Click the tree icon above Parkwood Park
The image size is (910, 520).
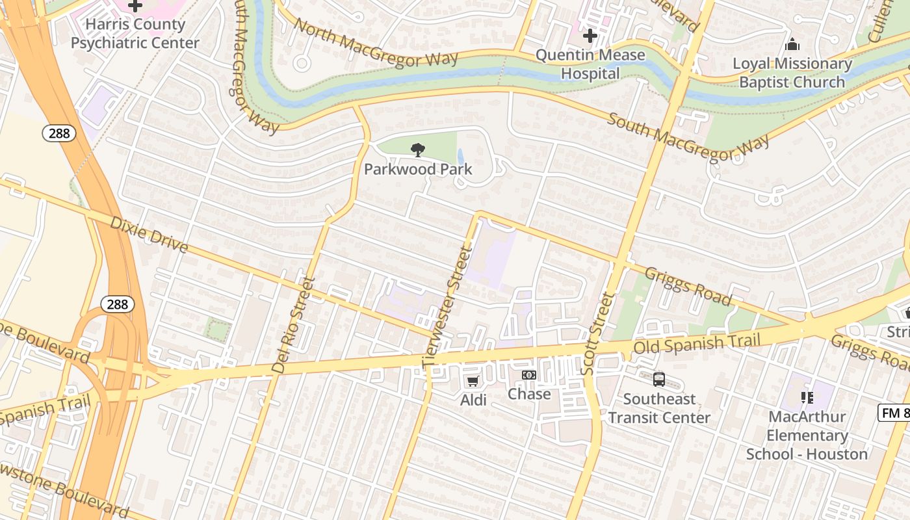click(418, 150)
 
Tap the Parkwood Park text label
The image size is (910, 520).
click(418, 170)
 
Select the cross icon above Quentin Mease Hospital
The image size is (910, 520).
click(590, 35)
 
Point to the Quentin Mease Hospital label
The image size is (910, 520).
click(590, 64)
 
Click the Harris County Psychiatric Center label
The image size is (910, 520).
click(135, 34)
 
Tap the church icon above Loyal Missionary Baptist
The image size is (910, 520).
click(792, 45)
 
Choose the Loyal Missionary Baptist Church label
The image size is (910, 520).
click(792, 73)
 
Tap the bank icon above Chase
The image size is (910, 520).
click(529, 375)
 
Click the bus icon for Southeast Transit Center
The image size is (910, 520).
click(659, 379)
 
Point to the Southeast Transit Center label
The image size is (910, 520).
click(659, 408)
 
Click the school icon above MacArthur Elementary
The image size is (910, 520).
click(807, 397)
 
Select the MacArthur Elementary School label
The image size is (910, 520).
click(807, 435)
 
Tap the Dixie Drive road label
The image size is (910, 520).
click(149, 235)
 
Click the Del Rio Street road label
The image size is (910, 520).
click(293, 326)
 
